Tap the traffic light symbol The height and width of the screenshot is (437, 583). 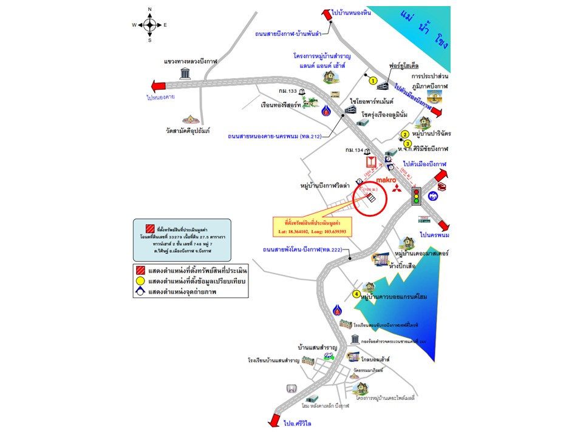point(417,195)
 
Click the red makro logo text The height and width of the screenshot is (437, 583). point(386,180)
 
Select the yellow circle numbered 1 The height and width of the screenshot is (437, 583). point(373,81)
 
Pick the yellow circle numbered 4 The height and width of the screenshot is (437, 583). point(356,294)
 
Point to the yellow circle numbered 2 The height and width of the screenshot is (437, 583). point(405,134)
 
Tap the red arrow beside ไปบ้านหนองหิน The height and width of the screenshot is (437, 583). point(326,16)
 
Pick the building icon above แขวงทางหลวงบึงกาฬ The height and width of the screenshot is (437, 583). point(185,73)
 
